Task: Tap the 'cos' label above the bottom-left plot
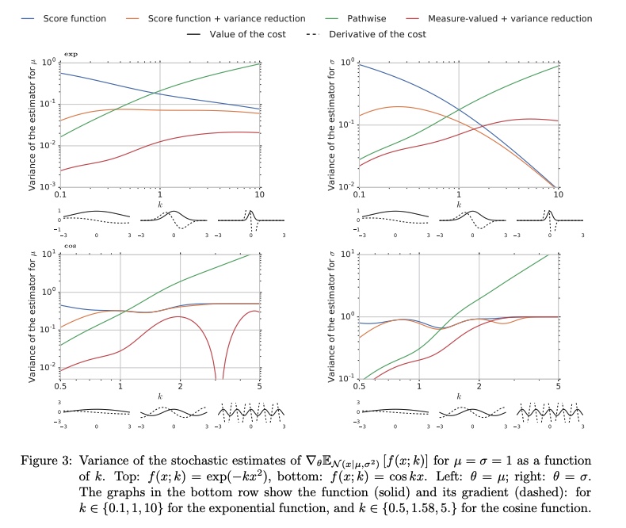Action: (69, 247)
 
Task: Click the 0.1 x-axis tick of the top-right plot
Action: (360, 194)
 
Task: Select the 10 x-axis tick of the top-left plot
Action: (258, 194)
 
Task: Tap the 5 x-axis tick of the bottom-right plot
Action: (558, 386)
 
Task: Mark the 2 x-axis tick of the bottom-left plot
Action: (180, 386)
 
